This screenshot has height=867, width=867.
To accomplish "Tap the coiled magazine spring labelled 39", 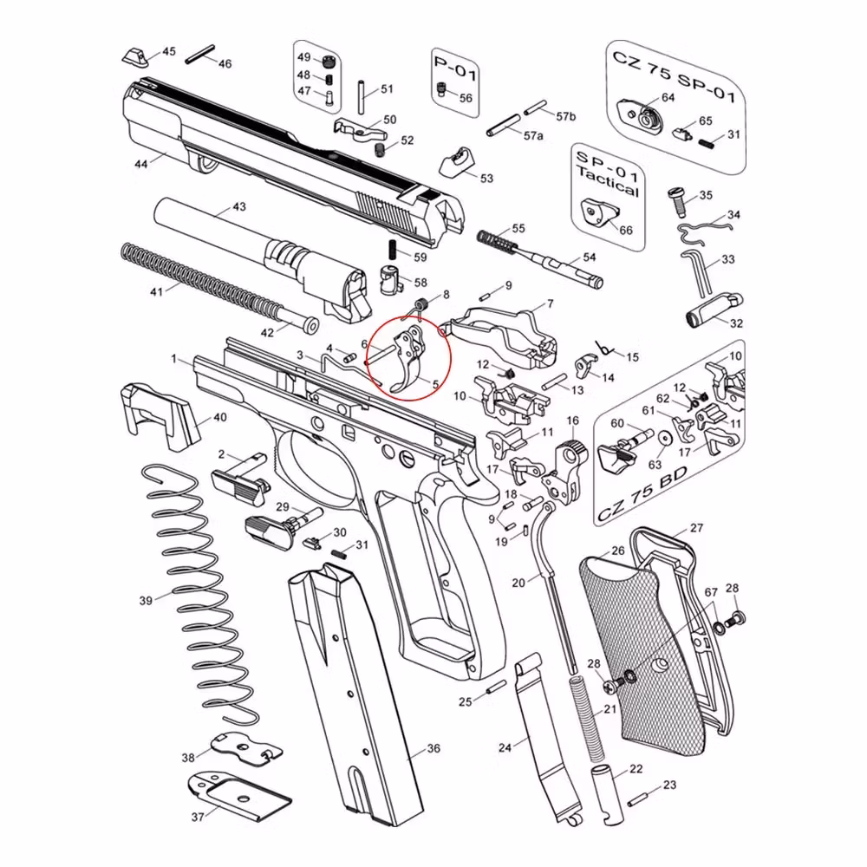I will pyautogui.click(x=195, y=598).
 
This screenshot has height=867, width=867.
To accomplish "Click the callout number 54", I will pyautogui.click(x=589, y=257).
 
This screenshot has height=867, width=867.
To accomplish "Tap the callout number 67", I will pyautogui.click(x=711, y=592).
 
